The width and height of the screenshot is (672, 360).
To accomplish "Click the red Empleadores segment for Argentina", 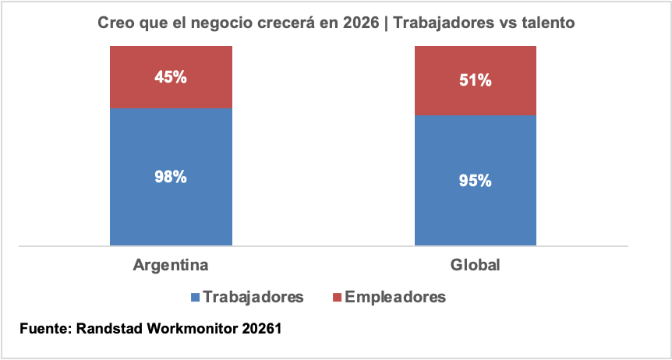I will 171,94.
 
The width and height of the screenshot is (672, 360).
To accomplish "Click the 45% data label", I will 171,78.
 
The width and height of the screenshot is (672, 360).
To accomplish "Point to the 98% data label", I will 171,177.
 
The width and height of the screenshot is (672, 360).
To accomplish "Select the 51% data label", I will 475,80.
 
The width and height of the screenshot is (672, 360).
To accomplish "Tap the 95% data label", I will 475,181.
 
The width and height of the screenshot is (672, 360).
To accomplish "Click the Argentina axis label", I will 171,265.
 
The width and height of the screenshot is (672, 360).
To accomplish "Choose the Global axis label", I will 475,265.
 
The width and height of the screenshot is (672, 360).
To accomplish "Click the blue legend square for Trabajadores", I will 194,297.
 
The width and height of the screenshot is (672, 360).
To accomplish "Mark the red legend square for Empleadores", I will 337,297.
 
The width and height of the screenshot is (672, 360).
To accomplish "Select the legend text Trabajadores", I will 252,297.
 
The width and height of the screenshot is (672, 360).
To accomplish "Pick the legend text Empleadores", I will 395,297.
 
